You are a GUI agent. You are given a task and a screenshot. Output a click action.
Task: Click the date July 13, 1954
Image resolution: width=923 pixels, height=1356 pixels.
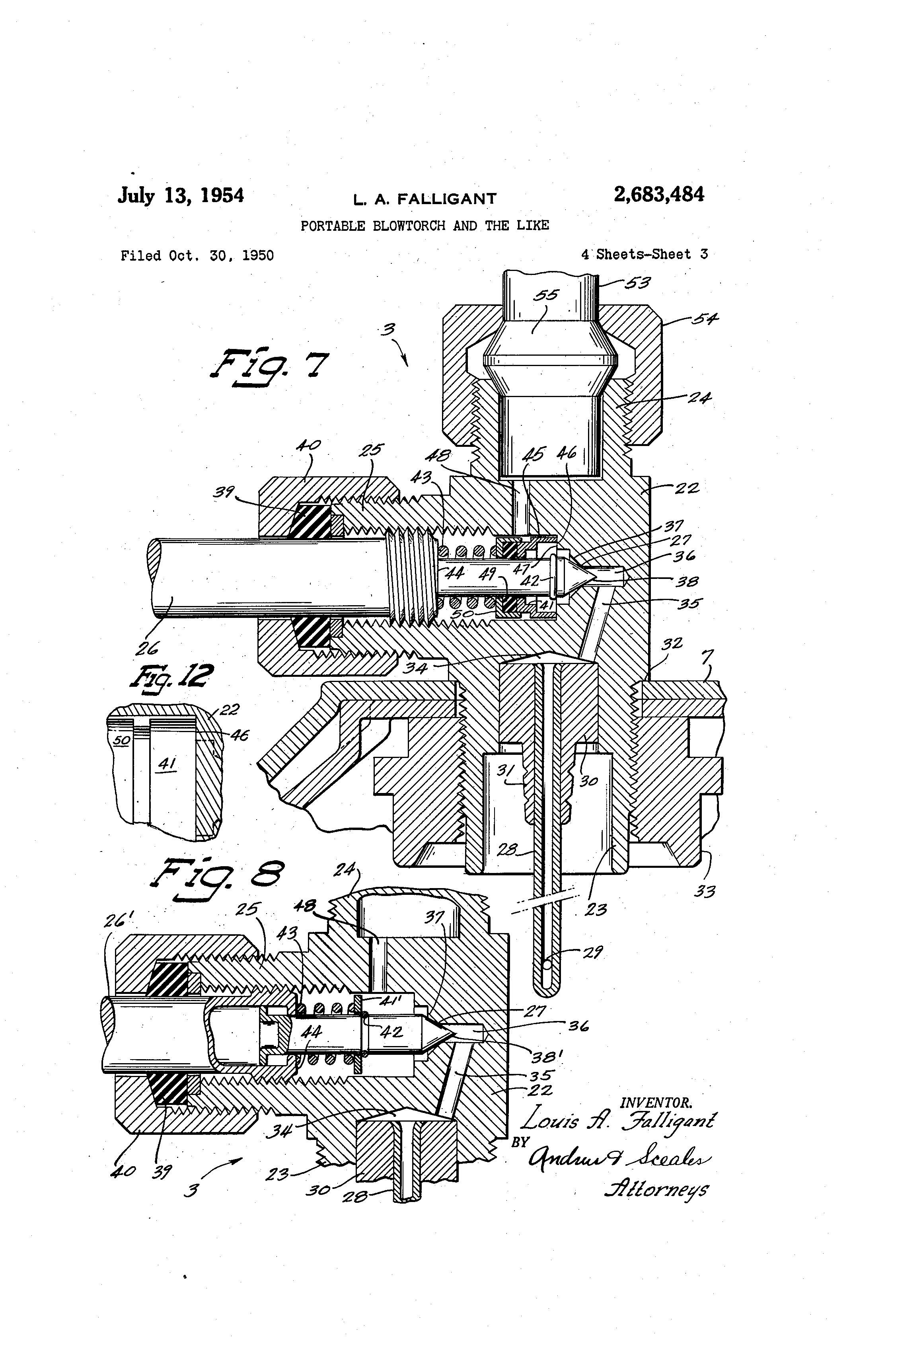click(x=181, y=195)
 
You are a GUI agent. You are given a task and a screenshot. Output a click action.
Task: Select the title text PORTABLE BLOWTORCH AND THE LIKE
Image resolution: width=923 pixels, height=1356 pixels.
click(x=425, y=226)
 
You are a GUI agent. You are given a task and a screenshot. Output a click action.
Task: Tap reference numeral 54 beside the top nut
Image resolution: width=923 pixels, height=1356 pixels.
click(x=705, y=319)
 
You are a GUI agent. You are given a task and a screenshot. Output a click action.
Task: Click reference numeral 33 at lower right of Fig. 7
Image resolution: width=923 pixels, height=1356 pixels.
click(x=705, y=891)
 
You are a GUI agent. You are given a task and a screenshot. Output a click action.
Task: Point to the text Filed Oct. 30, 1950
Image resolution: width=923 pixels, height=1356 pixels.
click(x=197, y=255)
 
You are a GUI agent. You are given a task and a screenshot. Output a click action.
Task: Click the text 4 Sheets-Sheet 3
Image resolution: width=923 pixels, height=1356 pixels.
click(x=644, y=254)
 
